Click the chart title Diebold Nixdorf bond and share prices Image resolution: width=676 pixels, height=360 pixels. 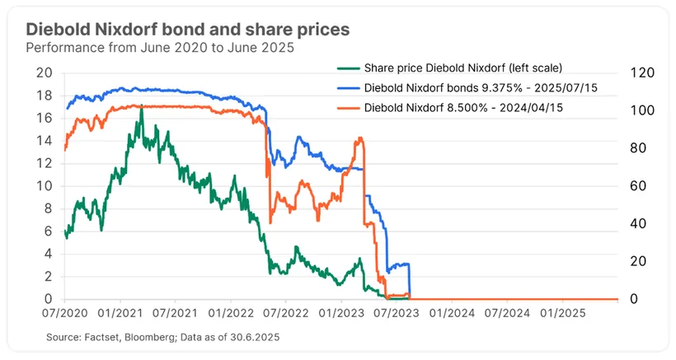tap(187, 29)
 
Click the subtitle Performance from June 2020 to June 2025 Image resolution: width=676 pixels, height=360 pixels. tap(161, 48)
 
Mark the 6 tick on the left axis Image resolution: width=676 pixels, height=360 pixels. tap(49, 231)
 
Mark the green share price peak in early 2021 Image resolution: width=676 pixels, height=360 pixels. tap(142, 107)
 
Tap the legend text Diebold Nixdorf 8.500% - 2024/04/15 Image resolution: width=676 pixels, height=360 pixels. tap(471, 107)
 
